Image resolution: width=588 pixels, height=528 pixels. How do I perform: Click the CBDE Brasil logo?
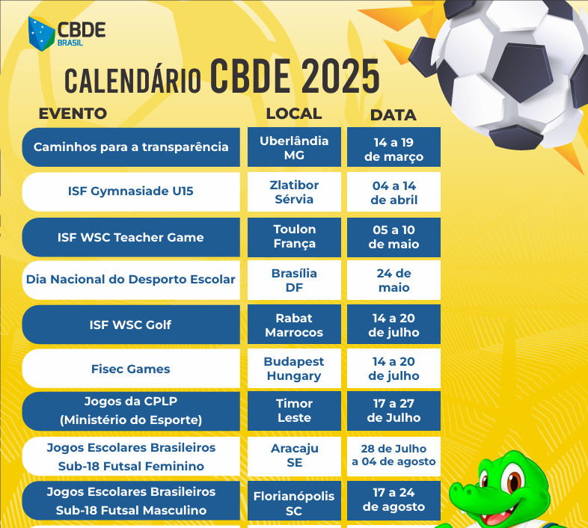[x=67, y=34]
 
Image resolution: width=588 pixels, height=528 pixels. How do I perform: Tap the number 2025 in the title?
[x=340, y=76]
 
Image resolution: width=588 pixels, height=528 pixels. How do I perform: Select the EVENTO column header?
[x=73, y=114]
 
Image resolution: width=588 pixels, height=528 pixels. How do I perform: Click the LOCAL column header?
[x=294, y=114]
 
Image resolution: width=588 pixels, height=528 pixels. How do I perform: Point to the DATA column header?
[x=393, y=115]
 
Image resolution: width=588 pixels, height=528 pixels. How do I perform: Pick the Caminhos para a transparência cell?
[x=131, y=147]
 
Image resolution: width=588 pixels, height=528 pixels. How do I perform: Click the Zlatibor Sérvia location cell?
[x=295, y=192]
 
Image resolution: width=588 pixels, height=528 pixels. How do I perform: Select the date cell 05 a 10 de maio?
[x=393, y=237]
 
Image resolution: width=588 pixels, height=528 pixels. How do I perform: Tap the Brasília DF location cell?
[x=295, y=280]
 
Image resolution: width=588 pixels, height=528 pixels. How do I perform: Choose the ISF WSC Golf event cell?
[x=131, y=325]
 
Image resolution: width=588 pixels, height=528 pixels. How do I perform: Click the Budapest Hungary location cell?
[x=295, y=369]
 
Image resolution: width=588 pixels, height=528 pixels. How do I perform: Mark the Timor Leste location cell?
[x=295, y=411]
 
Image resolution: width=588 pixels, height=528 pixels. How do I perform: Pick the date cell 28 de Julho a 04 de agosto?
[x=393, y=456]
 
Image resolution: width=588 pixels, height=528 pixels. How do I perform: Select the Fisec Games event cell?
[x=131, y=369]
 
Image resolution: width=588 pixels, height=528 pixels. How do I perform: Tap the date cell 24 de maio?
[x=393, y=280]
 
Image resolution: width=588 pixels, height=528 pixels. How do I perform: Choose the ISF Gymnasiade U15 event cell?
[x=131, y=192]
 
